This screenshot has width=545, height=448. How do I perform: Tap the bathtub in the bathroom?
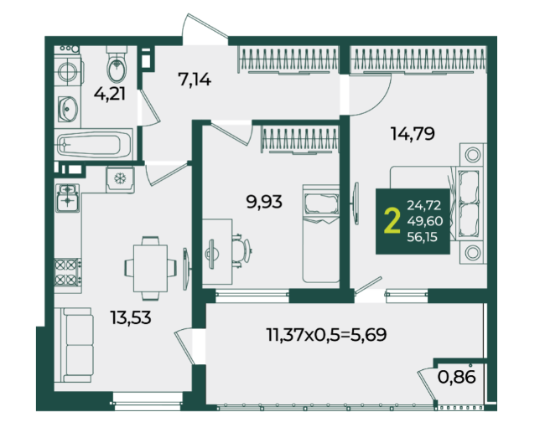(94, 144)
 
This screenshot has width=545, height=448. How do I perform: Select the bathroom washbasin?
(68, 110)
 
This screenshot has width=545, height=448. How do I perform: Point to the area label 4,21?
(110, 94)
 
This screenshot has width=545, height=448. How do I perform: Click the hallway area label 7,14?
(195, 80)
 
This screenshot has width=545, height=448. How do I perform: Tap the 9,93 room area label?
(264, 202)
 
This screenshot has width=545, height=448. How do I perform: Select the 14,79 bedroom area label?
(413, 134)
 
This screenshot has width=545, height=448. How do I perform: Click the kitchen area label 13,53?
(131, 317)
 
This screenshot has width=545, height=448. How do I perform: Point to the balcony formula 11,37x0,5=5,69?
(326, 335)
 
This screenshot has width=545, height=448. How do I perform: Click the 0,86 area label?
(457, 377)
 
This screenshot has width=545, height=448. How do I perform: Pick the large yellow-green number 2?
(392, 221)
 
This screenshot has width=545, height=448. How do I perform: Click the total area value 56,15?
(423, 237)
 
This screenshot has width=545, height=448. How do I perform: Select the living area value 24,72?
(424, 205)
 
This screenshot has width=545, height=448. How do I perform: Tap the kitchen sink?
(68, 198)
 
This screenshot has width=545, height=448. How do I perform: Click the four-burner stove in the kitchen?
(68, 272)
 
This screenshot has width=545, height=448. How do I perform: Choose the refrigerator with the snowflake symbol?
(120, 179)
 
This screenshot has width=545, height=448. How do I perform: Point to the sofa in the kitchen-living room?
(75, 345)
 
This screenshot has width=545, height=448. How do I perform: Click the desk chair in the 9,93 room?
(241, 250)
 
